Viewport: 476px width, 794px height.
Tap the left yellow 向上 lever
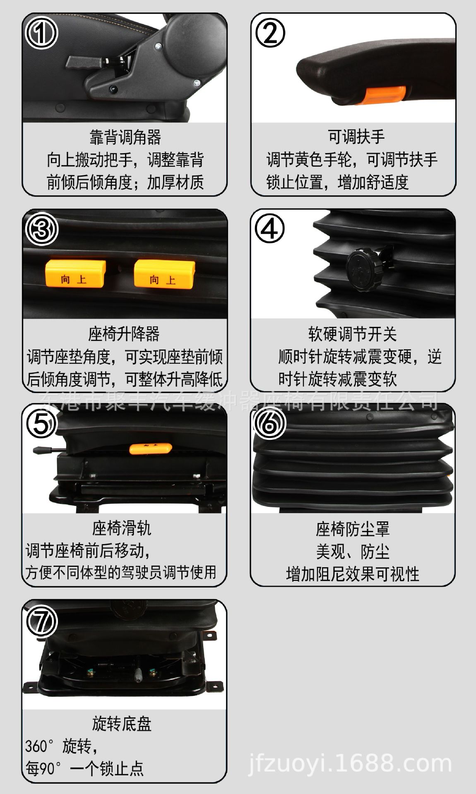click(x=75, y=273)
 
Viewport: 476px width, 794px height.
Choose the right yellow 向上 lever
click(x=164, y=273)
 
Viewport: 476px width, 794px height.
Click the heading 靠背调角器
click(x=125, y=137)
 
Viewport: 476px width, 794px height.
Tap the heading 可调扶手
click(x=356, y=137)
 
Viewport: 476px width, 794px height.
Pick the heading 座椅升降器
click(x=124, y=333)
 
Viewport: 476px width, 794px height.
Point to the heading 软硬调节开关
click(x=352, y=333)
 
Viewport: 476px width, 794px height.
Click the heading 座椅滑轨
click(x=122, y=528)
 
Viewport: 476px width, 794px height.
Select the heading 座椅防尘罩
click(x=353, y=529)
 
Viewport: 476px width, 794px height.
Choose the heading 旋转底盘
click(x=122, y=723)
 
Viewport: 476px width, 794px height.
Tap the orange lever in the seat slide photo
click(x=150, y=448)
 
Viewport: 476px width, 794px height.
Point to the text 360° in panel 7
click(x=39, y=746)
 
